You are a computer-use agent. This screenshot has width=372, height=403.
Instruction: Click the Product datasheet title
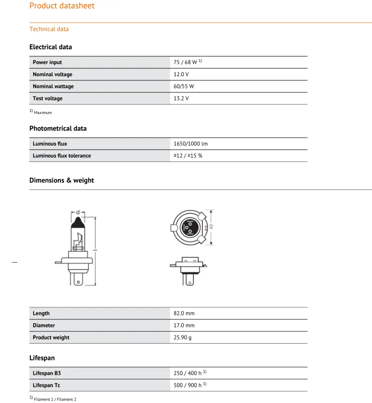62,6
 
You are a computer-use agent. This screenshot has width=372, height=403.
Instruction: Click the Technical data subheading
49,29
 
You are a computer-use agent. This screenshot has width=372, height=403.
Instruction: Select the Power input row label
47,62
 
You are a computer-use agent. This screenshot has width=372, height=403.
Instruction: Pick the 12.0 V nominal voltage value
181,74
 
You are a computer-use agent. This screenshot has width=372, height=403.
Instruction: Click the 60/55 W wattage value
183,86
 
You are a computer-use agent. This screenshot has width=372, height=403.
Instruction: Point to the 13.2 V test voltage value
181,98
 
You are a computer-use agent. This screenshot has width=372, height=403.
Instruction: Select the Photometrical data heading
58,128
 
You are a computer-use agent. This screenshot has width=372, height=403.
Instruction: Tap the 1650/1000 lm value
191,143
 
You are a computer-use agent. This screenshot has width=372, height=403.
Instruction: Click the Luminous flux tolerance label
61,156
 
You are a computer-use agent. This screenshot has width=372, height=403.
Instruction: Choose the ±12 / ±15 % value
188,156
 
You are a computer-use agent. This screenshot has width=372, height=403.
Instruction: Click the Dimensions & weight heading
61,180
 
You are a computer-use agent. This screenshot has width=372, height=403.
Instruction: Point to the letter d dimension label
78,212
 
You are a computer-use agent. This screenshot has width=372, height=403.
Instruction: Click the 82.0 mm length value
184,313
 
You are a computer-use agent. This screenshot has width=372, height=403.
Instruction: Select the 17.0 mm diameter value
184,325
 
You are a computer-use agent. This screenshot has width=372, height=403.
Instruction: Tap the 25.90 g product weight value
182,337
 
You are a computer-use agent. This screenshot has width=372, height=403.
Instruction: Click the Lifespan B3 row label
50,373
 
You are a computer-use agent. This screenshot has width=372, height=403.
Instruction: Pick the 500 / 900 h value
188,385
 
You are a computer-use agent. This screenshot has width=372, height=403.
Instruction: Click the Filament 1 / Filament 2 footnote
55,399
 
